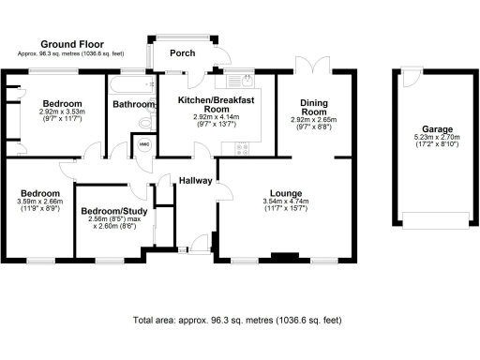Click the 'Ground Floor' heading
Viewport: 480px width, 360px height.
[71, 44]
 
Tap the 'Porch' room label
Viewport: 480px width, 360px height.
[182, 53]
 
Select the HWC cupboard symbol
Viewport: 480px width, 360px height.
[143, 144]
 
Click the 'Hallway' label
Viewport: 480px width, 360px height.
[196, 181]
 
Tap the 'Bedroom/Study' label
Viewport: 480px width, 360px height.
[111, 211]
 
